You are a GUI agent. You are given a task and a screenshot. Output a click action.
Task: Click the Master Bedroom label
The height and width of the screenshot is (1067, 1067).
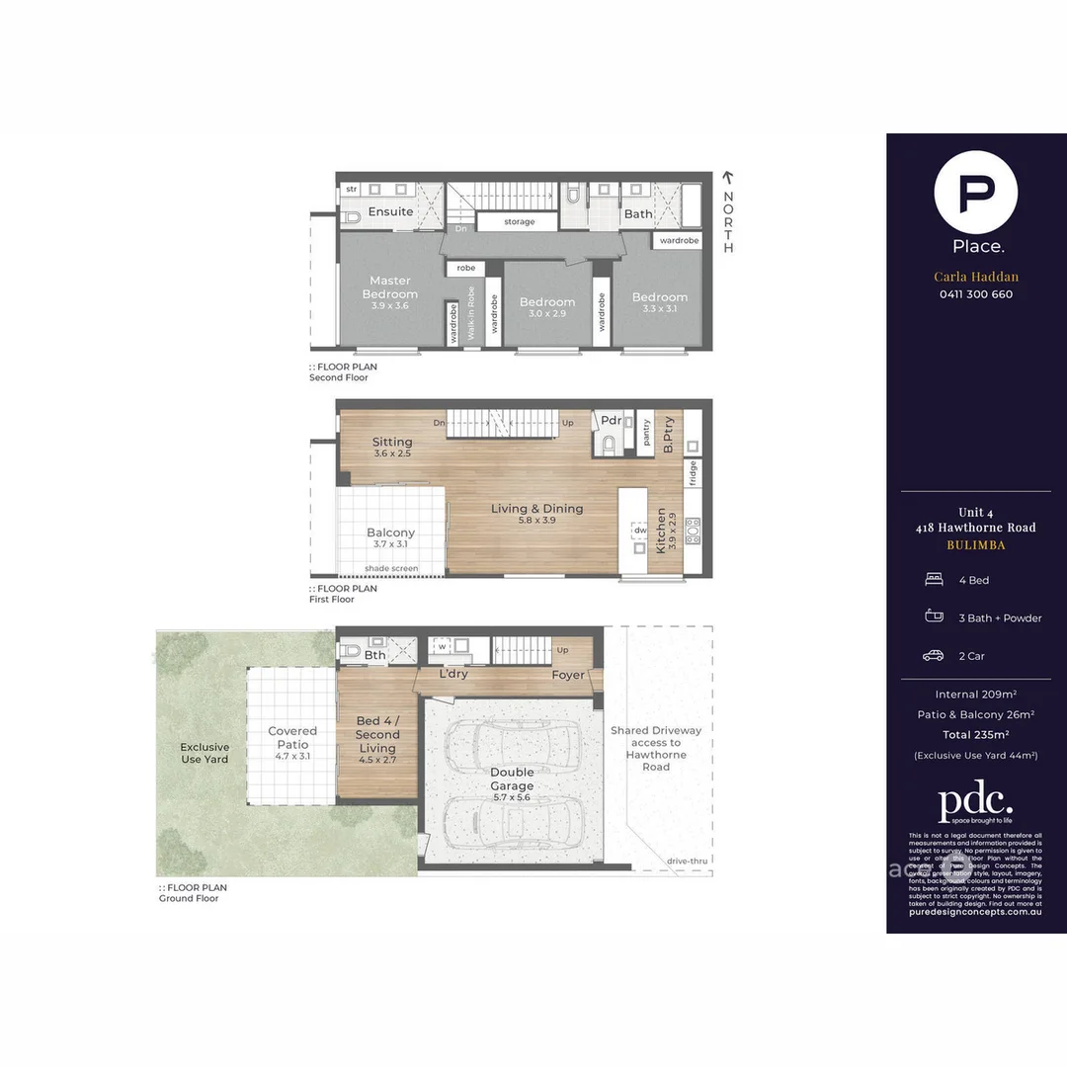[x=389, y=287]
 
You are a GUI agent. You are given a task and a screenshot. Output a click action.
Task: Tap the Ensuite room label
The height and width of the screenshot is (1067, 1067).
[x=390, y=211]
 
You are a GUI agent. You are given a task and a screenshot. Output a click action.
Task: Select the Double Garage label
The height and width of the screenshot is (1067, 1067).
[x=511, y=779]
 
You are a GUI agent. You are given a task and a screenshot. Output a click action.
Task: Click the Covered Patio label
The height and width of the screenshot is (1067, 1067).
[x=292, y=738]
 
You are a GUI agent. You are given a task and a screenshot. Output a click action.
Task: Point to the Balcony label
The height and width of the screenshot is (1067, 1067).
[x=390, y=533]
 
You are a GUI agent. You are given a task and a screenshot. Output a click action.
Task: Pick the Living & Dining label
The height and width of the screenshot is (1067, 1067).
[x=536, y=509]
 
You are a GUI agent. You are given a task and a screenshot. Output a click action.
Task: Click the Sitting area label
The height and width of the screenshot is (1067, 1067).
[x=392, y=442]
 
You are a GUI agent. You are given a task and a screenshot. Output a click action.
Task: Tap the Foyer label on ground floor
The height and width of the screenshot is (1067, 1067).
[x=568, y=675]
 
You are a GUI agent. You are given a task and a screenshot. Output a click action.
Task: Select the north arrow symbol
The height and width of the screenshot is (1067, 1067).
[x=728, y=178]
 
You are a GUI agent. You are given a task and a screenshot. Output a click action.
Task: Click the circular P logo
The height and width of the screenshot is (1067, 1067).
[x=976, y=192]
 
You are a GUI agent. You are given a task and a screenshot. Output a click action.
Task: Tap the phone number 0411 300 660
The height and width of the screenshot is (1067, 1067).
[x=976, y=294]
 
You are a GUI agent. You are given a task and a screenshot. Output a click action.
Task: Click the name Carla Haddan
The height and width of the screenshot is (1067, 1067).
[x=976, y=277]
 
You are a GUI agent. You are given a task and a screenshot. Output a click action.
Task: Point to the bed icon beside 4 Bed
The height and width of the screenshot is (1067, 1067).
[x=933, y=580]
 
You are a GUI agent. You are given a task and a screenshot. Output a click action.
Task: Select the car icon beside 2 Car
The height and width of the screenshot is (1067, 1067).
[x=933, y=656]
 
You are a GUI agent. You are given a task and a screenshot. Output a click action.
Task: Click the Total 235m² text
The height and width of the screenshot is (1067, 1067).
[x=976, y=734]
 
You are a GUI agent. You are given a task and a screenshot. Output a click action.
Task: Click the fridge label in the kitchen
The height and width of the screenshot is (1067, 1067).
[x=693, y=472]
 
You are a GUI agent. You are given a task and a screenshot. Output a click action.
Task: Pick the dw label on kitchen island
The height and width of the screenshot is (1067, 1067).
[x=641, y=531]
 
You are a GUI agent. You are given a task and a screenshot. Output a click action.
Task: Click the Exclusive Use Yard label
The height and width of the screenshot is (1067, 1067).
[x=205, y=753]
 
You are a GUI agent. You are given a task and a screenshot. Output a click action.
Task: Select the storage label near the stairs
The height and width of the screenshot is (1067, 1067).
[x=519, y=222]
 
